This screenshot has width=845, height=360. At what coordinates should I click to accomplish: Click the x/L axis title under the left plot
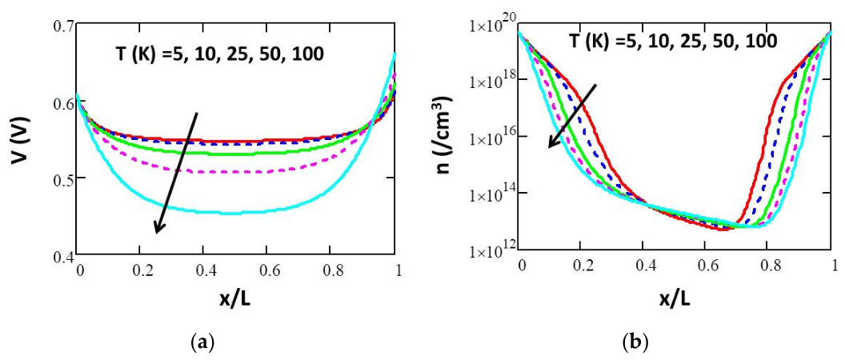pyautogui.click(x=235, y=299)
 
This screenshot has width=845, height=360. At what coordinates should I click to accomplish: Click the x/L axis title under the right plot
pyautogui.click(x=675, y=299)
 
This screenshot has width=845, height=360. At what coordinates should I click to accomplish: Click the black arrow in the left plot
pyautogui.click(x=177, y=173)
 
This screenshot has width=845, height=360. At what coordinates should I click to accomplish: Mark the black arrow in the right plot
pyautogui.click(x=572, y=116)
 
